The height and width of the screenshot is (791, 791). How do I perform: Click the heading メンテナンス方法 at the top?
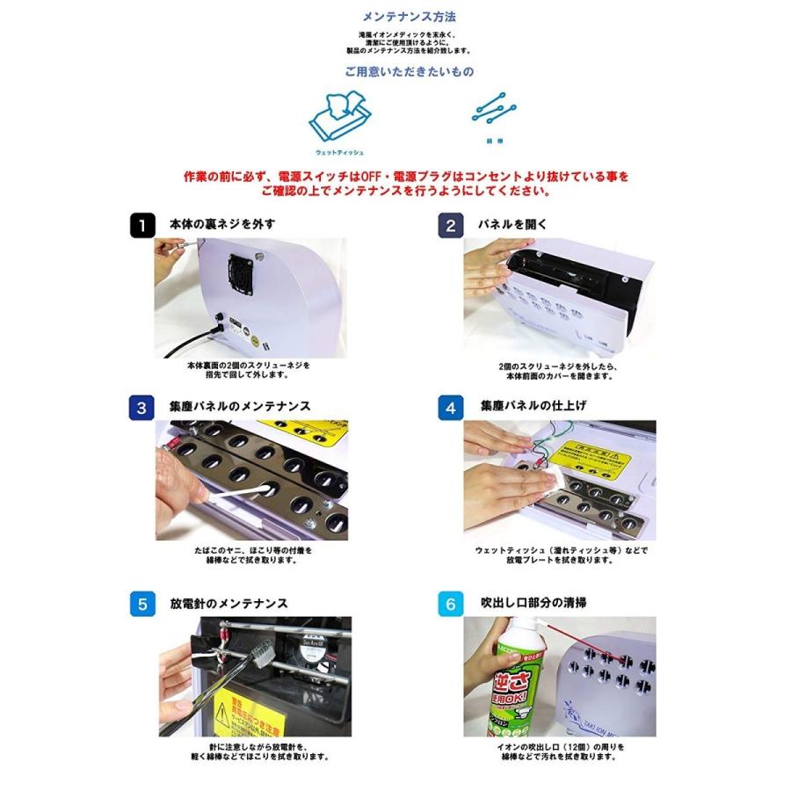click(x=409, y=17)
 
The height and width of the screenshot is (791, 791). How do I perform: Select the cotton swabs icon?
click(x=494, y=110)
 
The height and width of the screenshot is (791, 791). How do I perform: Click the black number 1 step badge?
click(x=142, y=225)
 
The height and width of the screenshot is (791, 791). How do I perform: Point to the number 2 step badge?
click(x=451, y=225)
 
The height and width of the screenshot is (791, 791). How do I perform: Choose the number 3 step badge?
click(x=142, y=408)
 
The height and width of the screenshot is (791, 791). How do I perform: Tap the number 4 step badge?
click(x=451, y=408)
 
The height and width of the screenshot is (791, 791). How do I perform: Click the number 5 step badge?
click(x=142, y=605)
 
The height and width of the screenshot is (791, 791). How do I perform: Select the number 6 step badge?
click(x=451, y=605)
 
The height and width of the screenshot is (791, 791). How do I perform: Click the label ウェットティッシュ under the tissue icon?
click(x=339, y=152)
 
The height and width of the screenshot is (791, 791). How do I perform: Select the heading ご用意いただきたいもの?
click(x=409, y=73)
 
